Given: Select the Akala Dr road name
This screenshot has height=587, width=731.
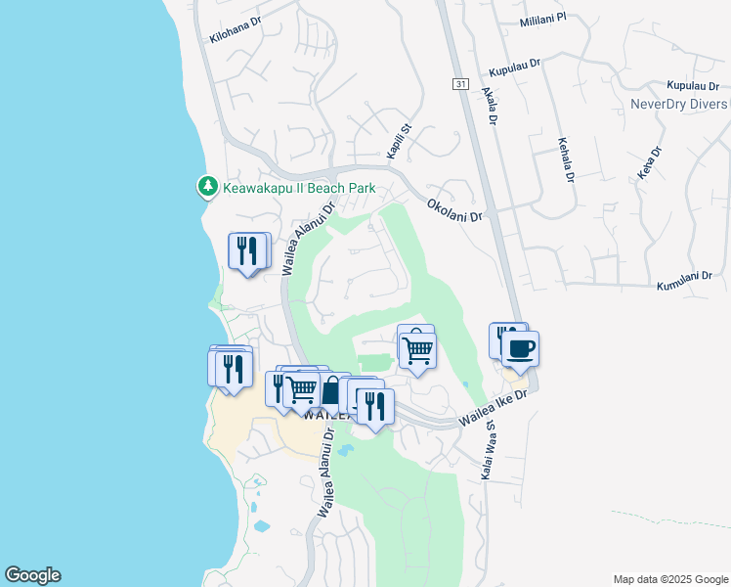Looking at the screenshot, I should [491, 107].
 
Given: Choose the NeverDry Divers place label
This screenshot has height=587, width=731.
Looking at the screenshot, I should [679, 104].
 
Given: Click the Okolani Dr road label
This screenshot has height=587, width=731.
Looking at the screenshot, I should [454, 210].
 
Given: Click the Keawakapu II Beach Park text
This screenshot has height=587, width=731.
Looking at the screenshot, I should [299, 187].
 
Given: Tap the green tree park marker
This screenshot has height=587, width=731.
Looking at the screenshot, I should [207, 185].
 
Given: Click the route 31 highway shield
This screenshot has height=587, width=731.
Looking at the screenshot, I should [459, 84].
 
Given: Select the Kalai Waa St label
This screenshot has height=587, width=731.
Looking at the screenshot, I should [487, 449].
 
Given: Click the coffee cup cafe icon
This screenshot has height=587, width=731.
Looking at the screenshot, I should [521, 350].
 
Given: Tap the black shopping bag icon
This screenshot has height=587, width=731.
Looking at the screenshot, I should [330, 391].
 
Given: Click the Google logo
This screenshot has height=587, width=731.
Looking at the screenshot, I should [32, 575].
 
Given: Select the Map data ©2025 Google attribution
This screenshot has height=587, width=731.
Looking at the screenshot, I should [669, 578].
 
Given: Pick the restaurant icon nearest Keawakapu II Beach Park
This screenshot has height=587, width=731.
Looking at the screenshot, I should [248, 251].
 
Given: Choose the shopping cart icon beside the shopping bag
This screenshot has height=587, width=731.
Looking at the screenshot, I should [302, 388].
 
